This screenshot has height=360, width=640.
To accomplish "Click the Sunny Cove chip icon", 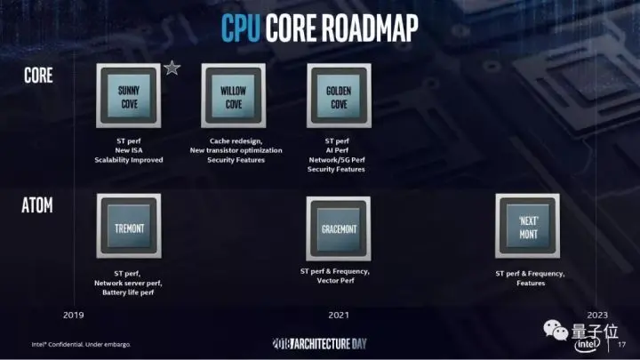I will tap(128, 95).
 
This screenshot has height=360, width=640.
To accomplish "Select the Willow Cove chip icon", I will tap(234, 95).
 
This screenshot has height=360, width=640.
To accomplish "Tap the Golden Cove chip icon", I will tap(338, 95).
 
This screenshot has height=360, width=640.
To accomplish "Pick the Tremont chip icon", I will tap(128, 228).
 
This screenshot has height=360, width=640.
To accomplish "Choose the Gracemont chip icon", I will tap(338, 228).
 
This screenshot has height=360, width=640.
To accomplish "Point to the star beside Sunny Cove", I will tap(172, 68).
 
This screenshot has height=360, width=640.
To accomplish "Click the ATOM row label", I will tap(38, 207).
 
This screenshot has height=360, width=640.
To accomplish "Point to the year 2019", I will tap(75, 315).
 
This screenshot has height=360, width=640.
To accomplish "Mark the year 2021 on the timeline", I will tap(338, 315).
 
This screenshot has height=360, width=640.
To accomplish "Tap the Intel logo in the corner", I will tap(589, 342).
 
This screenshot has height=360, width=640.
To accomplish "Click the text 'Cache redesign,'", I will tap(234, 140).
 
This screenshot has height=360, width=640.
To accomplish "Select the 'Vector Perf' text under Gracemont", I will tap(334, 281).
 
